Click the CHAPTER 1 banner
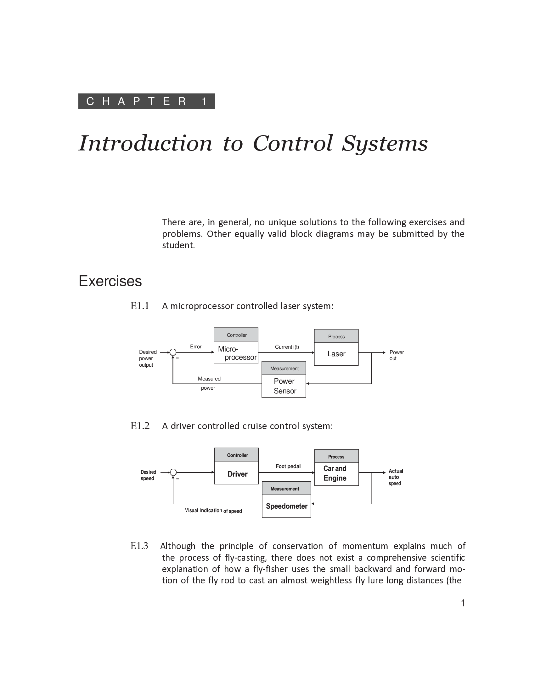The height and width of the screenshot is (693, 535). (146, 101)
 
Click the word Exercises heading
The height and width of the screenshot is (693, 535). (110, 281)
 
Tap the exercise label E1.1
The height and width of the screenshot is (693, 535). (140, 306)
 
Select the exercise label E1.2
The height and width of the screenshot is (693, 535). (140, 426)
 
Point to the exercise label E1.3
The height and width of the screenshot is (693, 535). (139, 546)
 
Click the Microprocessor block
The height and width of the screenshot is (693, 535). (236, 352)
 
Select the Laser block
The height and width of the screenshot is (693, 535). (336, 354)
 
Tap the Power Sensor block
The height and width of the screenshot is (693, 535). (284, 386)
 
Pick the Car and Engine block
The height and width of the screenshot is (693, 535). (336, 473)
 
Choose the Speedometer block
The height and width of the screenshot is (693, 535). (286, 506)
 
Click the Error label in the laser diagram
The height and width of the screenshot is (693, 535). (195, 346)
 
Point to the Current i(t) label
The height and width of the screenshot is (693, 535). (287, 347)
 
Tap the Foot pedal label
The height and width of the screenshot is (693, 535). (288, 466)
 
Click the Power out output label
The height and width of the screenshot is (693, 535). (396, 355)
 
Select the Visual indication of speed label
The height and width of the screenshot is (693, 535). (213, 511)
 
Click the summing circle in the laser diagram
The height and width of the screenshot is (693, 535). (173, 352)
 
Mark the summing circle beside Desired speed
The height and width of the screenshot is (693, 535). (173, 472)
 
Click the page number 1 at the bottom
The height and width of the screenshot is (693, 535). (463, 603)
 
